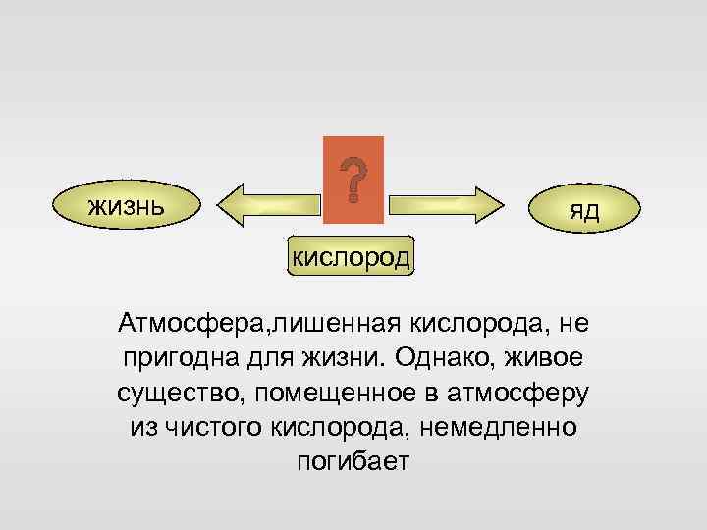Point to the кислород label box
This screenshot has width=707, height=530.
pos(352,257)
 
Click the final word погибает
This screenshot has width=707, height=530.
pos(352,462)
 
